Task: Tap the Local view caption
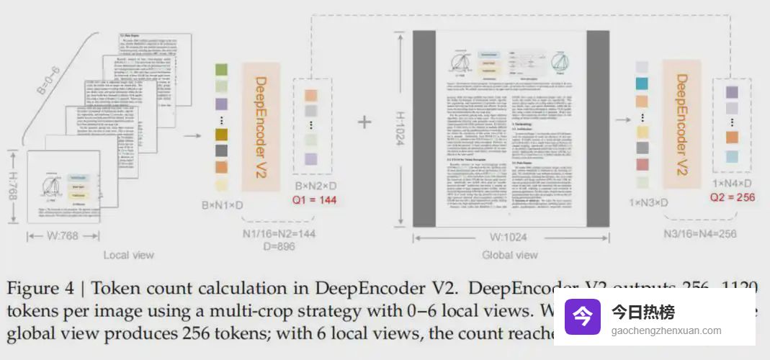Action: (128, 255)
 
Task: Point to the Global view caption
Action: (510, 255)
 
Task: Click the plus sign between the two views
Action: (365, 121)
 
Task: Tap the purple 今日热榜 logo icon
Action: (582, 318)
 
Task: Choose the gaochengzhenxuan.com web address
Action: (666, 330)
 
